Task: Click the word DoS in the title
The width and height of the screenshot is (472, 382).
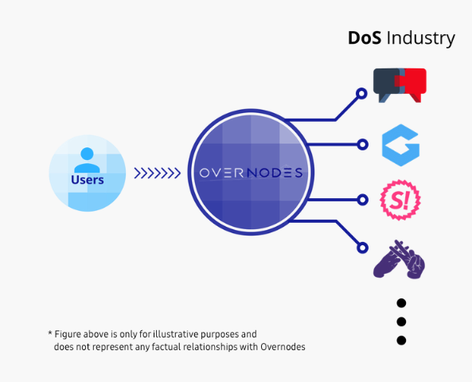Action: (365, 38)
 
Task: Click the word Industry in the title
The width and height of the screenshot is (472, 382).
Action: (420, 39)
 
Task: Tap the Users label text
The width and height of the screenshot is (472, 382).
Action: (88, 180)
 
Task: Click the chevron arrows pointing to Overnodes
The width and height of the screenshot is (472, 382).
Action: (157, 173)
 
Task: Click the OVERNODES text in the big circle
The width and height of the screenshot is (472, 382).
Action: (251, 173)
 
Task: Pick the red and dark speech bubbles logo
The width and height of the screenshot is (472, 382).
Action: (400, 85)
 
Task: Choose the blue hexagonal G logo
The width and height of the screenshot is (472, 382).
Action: (400, 145)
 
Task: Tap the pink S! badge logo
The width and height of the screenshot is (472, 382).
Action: (400, 200)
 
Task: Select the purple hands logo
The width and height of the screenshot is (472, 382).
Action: (399, 259)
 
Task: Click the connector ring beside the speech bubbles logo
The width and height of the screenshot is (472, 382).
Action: (361, 94)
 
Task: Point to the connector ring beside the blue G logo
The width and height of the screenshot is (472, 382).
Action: (363, 145)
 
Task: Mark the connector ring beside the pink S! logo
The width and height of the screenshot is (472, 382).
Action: (363, 200)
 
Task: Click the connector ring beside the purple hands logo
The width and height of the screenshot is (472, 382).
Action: (362, 248)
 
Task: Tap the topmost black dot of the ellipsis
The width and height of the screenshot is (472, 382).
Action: (401, 303)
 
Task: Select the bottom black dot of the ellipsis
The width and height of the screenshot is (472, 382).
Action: (401, 341)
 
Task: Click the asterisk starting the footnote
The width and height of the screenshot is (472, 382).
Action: (50, 333)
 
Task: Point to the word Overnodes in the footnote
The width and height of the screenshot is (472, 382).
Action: (283, 347)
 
